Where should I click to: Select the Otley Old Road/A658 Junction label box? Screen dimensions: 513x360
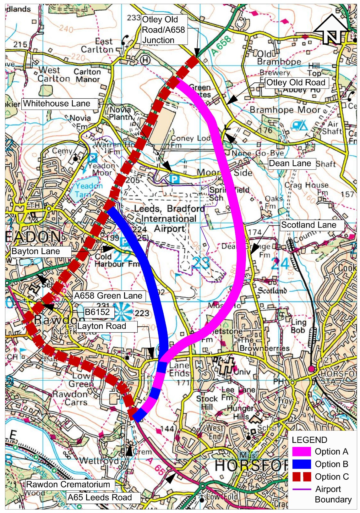click(164, 30)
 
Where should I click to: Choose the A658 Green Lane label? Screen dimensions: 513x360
click(109, 296)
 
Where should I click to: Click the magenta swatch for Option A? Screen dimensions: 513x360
click(302, 452)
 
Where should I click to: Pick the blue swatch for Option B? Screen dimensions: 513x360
click(302, 464)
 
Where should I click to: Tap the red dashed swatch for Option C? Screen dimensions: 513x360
click(302, 477)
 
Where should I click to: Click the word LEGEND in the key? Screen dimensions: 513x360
click(309, 440)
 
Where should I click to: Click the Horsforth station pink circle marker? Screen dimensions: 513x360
click(311, 369)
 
